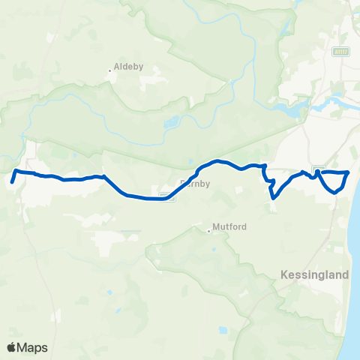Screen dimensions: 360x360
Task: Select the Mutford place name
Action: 230,226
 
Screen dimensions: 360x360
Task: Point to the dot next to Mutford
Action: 209,230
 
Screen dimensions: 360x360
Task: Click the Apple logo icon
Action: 11,348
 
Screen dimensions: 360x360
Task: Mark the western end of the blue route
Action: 13,181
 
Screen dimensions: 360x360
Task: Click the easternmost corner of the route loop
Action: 349,172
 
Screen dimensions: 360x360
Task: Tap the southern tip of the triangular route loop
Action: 335,191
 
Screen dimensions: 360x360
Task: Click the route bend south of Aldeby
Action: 103,177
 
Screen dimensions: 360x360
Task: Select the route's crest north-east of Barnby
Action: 218,161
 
